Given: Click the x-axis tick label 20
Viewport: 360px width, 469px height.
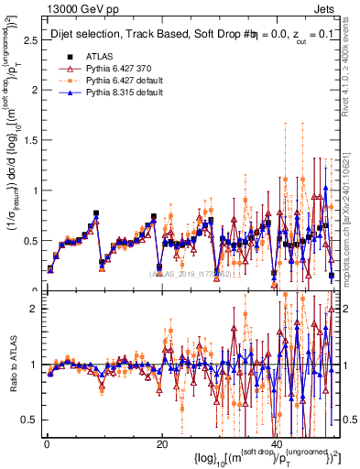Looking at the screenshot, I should [161, 443].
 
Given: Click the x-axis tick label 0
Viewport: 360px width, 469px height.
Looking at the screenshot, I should [46, 443].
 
